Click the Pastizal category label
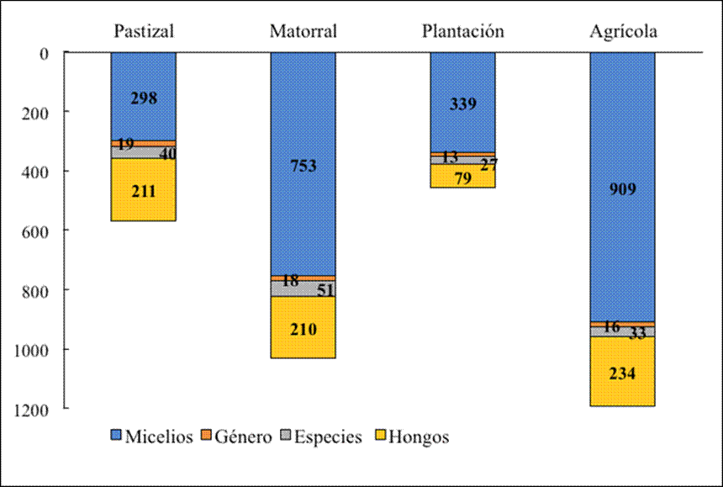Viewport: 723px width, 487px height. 143,32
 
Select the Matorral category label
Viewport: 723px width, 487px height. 303,32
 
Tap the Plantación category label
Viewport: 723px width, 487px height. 462,32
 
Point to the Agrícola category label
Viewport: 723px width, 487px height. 622,32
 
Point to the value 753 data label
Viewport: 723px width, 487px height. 303,166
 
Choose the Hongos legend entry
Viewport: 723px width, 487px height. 414,437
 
